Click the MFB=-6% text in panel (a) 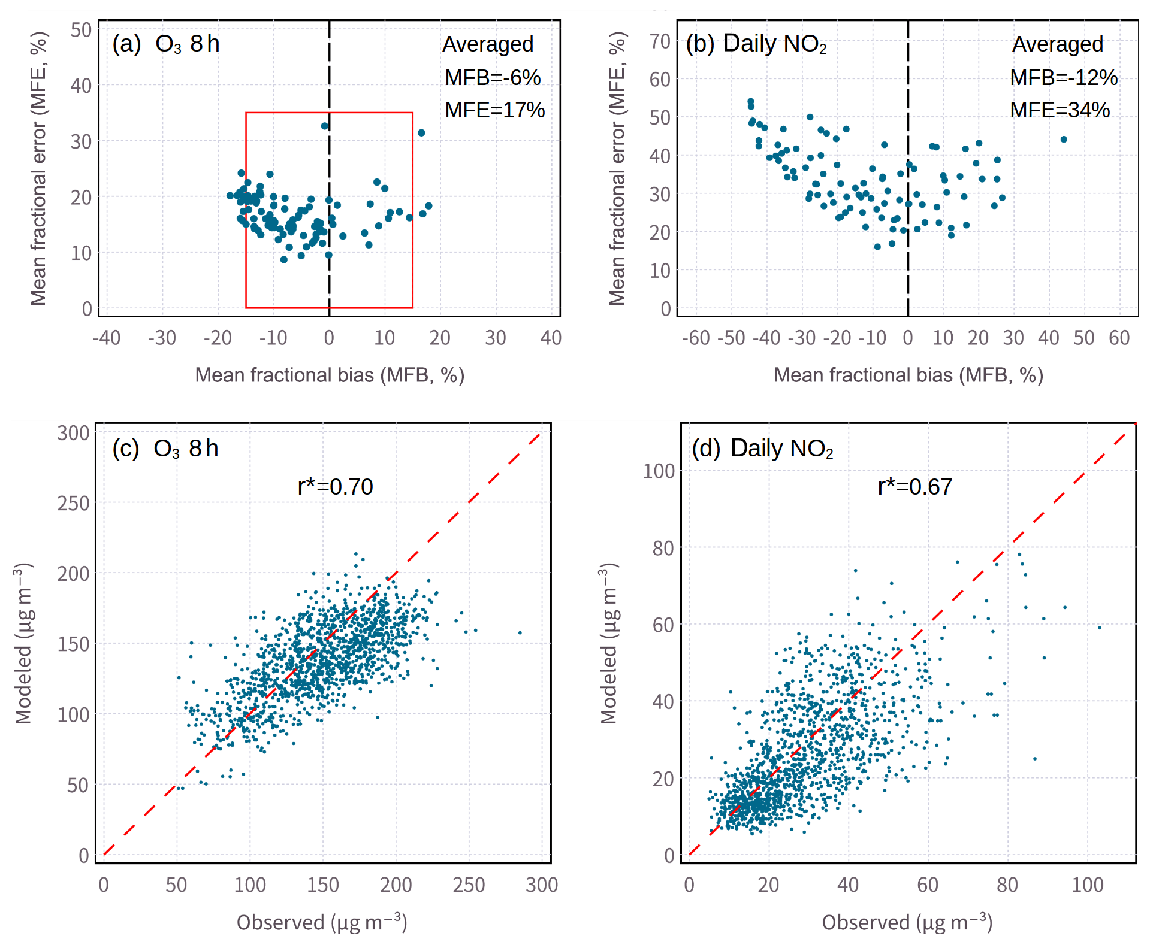tap(492, 77)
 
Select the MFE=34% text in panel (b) tap(1060, 110)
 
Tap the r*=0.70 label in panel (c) tap(335, 486)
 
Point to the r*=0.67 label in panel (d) tap(914, 486)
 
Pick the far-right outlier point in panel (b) tap(1064, 140)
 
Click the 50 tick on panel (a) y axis tap(81, 30)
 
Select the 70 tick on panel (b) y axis tap(660, 41)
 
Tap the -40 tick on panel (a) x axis tap(107, 338)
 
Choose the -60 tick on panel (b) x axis tap(696, 338)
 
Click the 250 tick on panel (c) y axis tap(73, 503)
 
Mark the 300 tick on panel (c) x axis tap(542, 885)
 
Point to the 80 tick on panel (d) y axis tap(663, 548)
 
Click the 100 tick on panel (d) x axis tap(1087, 885)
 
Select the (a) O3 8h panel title tap(166, 44)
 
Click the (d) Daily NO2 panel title tap(762, 448)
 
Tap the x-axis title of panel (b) tap(908, 375)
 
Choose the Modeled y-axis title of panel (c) tap(23, 643)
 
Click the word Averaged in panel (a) tap(488, 44)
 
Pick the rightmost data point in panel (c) tap(520, 632)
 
